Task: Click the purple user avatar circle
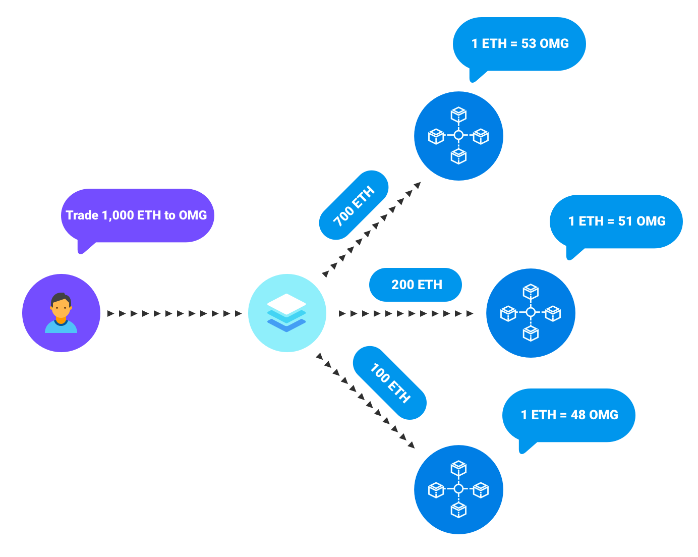click(x=61, y=313)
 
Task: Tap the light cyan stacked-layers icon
click(x=287, y=313)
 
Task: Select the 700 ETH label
click(x=354, y=205)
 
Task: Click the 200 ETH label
click(x=416, y=285)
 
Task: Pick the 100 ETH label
click(x=390, y=382)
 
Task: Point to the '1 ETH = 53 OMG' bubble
click(x=519, y=44)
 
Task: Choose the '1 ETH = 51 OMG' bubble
click(x=616, y=221)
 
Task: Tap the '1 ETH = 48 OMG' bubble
click(x=569, y=415)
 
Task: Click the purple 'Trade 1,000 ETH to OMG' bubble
click(x=137, y=215)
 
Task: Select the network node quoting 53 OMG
click(x=458, y=136)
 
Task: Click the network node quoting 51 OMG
click(x=531, y=313)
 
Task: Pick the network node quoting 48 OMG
click(x=458, y=489)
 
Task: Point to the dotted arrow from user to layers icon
click(x=174, y=313)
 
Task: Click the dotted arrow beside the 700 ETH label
click(x=372, y=229)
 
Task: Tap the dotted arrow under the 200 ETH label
click(x=406, y=313)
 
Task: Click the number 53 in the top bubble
click(x=529, y=44)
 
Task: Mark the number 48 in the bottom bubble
click(x=578, y=415)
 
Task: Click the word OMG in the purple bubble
click(x=193, y=215)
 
